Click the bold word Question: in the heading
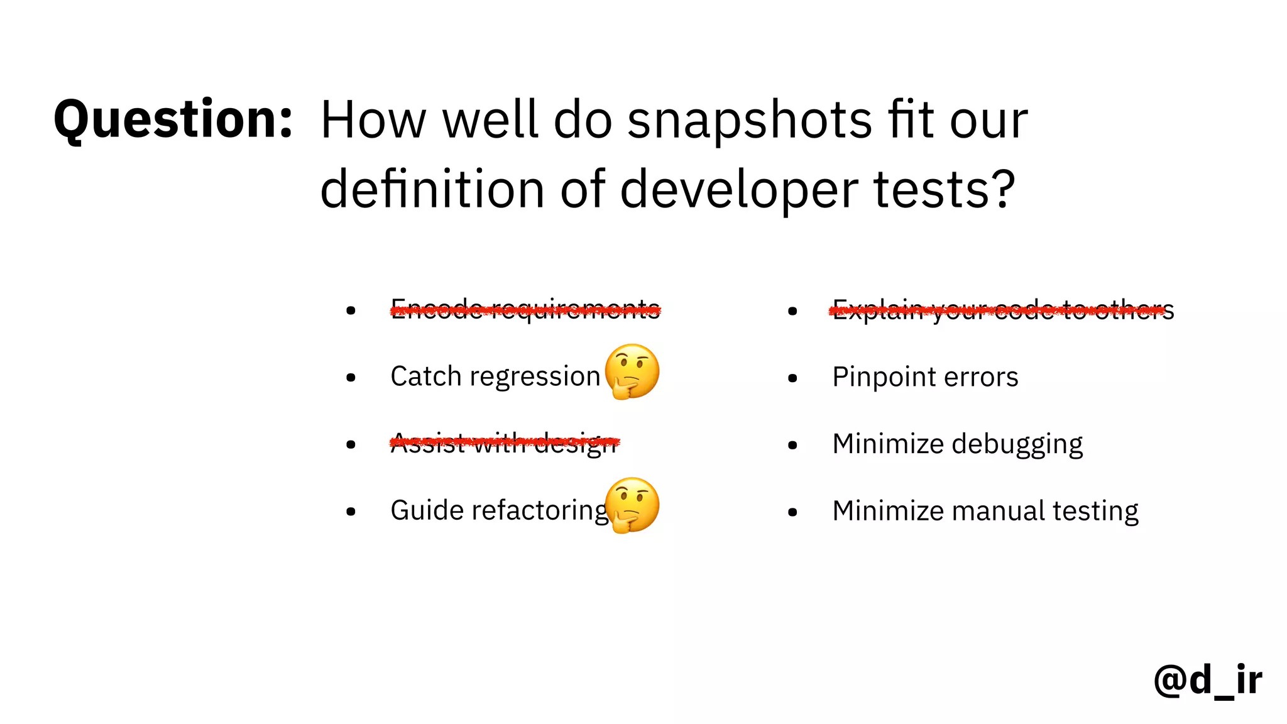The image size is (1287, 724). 173,119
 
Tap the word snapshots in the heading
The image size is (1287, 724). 750,121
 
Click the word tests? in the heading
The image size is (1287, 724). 944,190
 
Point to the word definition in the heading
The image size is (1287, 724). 432,190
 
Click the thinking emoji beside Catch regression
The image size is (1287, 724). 632,371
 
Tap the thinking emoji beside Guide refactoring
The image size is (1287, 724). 632,505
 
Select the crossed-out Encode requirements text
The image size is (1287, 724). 525,309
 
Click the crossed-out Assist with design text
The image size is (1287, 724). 505,443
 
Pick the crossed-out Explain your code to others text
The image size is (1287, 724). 1002,309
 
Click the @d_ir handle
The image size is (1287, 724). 1208,680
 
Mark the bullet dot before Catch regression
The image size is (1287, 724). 351,378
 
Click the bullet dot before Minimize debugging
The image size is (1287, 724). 792,445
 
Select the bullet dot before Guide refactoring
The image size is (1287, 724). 351,512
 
